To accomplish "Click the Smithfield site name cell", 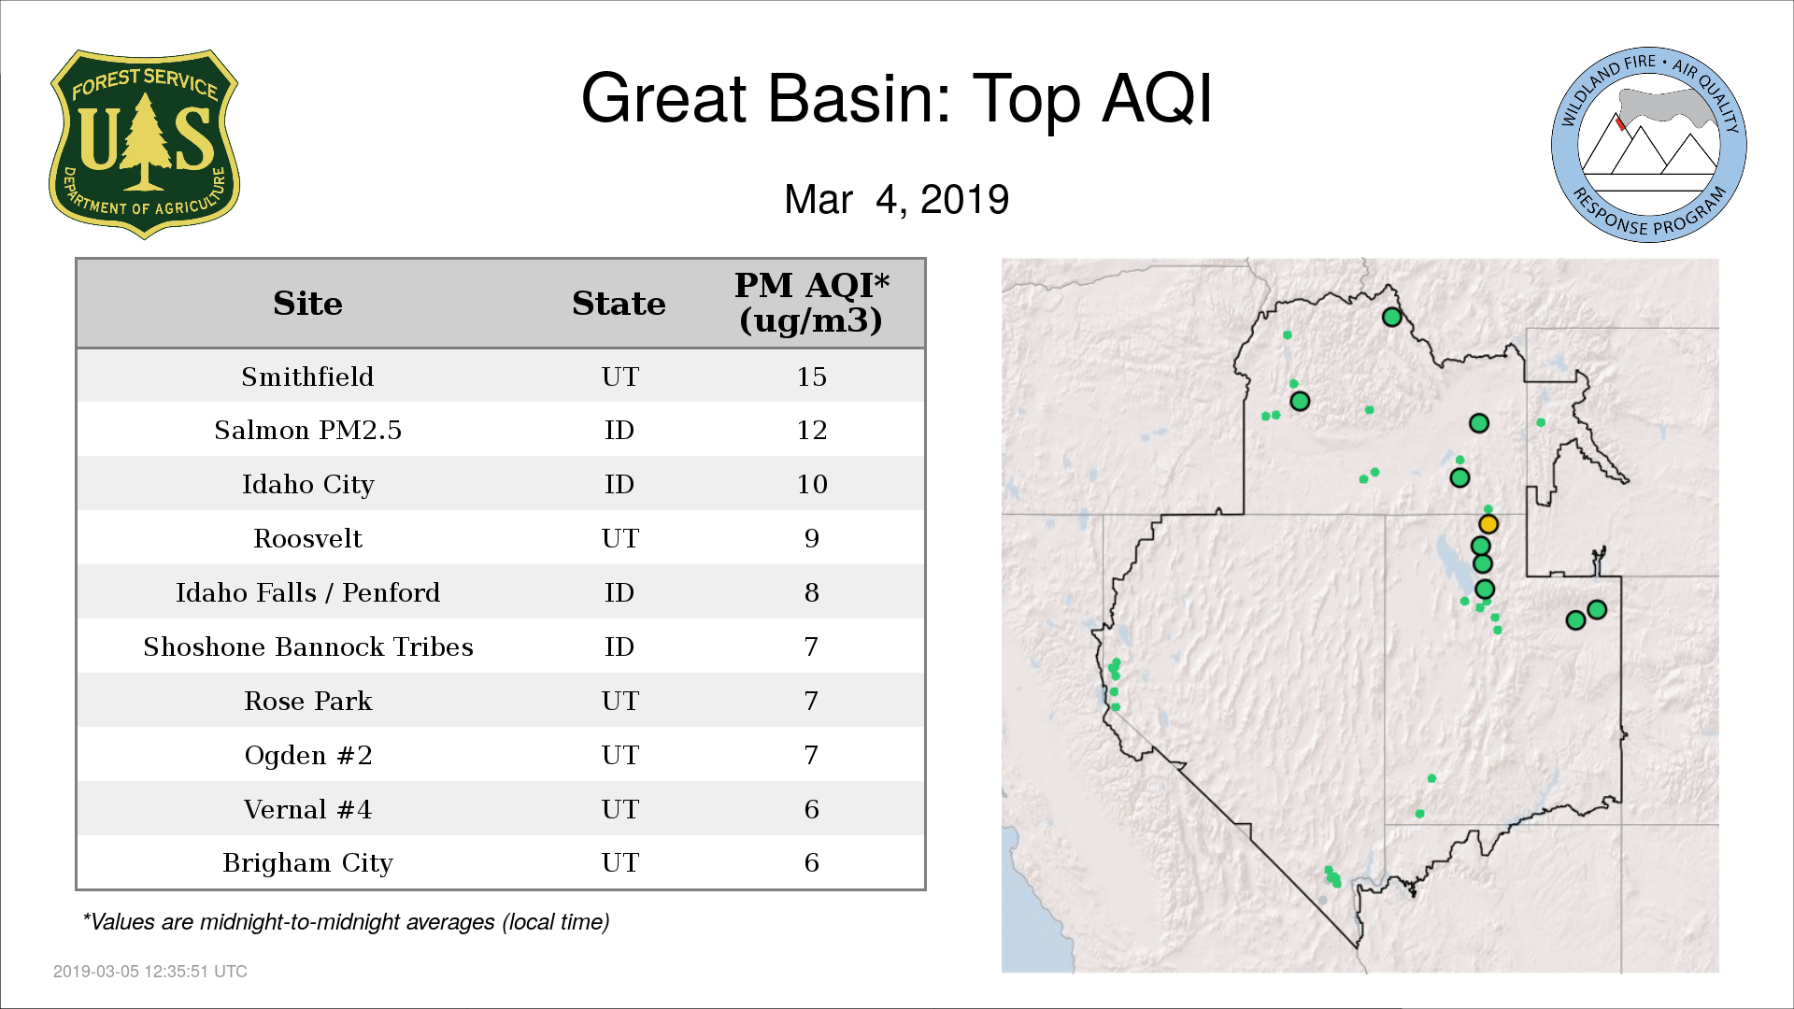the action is click(307, 377).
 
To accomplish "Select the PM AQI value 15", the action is click(811, 377).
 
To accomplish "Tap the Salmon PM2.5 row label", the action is click(307, 430).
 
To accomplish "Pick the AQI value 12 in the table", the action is click(811, 430).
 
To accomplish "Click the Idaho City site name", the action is click(307, 484).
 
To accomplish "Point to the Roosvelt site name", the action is click(307, 538).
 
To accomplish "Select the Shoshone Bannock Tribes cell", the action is click(307, 647).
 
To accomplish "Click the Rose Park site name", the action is click(307, 701).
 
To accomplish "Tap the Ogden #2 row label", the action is click(307, 755).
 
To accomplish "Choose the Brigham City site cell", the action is click(307, 862).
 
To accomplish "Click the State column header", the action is click(619, 304).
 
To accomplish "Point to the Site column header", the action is click(307, 304).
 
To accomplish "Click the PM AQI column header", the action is click(811, 303).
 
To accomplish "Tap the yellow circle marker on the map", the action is click(1488, 524).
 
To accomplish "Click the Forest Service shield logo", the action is click(144, 145).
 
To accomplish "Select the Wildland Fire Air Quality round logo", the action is click(1649, 145).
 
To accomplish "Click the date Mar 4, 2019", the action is click(896, 199).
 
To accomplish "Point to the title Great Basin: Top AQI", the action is click(896, 98).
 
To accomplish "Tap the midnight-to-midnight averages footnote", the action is click(346, 922).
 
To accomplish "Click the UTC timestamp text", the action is click(149, 972).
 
